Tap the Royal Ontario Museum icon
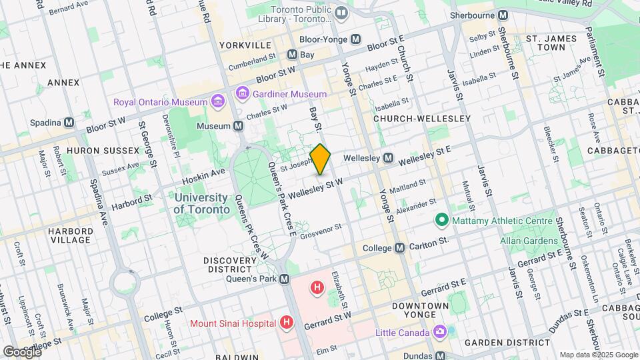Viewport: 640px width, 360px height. (x=217, y=101)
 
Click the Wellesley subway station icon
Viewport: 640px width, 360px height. (x=387, y=159)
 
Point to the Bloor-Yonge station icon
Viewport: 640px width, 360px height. (x=356, y=39)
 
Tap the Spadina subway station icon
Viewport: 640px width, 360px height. (x=69, y=123)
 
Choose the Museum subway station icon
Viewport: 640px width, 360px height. (x=238, y=125)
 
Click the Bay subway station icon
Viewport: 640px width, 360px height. (x=291, y=54)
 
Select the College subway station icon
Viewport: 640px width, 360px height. (x=399, y=247)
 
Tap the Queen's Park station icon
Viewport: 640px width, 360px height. (x=285, y=279)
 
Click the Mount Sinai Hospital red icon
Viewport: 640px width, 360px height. (x=287, y=323)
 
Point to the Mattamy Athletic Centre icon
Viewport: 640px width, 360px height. (x=441, y=219)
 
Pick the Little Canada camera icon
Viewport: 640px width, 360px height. (x=439, y=331)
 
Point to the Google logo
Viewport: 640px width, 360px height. (x=21, y=351)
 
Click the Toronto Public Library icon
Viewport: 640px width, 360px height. (x=342, y=13)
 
